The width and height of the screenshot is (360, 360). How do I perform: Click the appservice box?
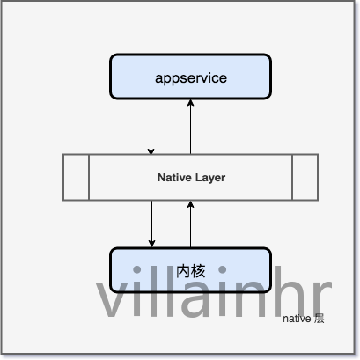click(x=190, y=77)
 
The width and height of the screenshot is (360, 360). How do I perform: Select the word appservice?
click(x=191, y=78)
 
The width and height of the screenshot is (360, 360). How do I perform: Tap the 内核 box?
click(x=190, y=270)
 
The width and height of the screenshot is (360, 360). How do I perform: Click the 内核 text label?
click(x=191, y=271)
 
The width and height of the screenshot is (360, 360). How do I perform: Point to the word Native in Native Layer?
click(x=174, y=178)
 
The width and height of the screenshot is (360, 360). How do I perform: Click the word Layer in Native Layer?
click(x=210, y=178)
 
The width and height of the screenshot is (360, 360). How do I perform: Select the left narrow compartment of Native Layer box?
click(x=76, y=177)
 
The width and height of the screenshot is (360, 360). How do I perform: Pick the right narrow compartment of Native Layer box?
click(x=305, y=177)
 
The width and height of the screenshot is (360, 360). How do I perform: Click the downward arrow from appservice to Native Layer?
click(x=151, y=127)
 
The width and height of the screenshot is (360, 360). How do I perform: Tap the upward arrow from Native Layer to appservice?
click(x=190, y=127)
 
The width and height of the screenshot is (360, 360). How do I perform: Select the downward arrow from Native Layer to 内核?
click(x=151, y=224)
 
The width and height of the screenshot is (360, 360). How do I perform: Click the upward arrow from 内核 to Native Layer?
click(x=190, y=224)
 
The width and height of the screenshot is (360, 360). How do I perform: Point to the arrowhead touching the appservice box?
click(x=190, y=102)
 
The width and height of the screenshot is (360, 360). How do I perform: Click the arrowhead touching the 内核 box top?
click(x=151, y=244)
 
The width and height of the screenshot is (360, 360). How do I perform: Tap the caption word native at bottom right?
click(x=297, y=319)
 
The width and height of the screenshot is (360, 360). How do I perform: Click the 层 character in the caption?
click(x=319, y=319)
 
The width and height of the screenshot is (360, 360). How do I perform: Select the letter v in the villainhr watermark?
click(x=112, y=298)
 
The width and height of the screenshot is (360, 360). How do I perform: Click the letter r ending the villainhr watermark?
click(x=322, y=298)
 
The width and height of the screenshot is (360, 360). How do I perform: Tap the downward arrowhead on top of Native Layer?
click(x=151, y=151)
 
